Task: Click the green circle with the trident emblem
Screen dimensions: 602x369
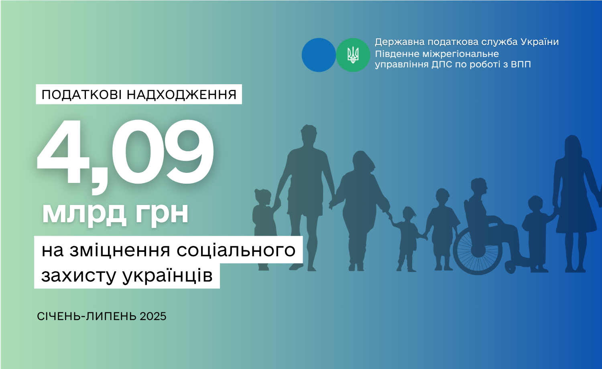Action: (x=353, y=55)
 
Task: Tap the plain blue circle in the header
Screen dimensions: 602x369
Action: (x=319, y=55)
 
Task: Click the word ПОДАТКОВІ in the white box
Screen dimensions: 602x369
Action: (x=82, y=95)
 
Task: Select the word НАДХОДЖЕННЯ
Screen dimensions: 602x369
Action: (x=182, y=95)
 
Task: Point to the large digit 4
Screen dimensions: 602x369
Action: (x=63, y=152)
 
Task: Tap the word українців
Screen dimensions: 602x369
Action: (x=168, y=275)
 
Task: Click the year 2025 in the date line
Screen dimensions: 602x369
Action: (x=153, y=316)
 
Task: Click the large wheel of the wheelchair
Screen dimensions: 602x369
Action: (x=478, y=251)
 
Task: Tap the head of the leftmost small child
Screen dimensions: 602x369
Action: (x=262, y=197)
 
